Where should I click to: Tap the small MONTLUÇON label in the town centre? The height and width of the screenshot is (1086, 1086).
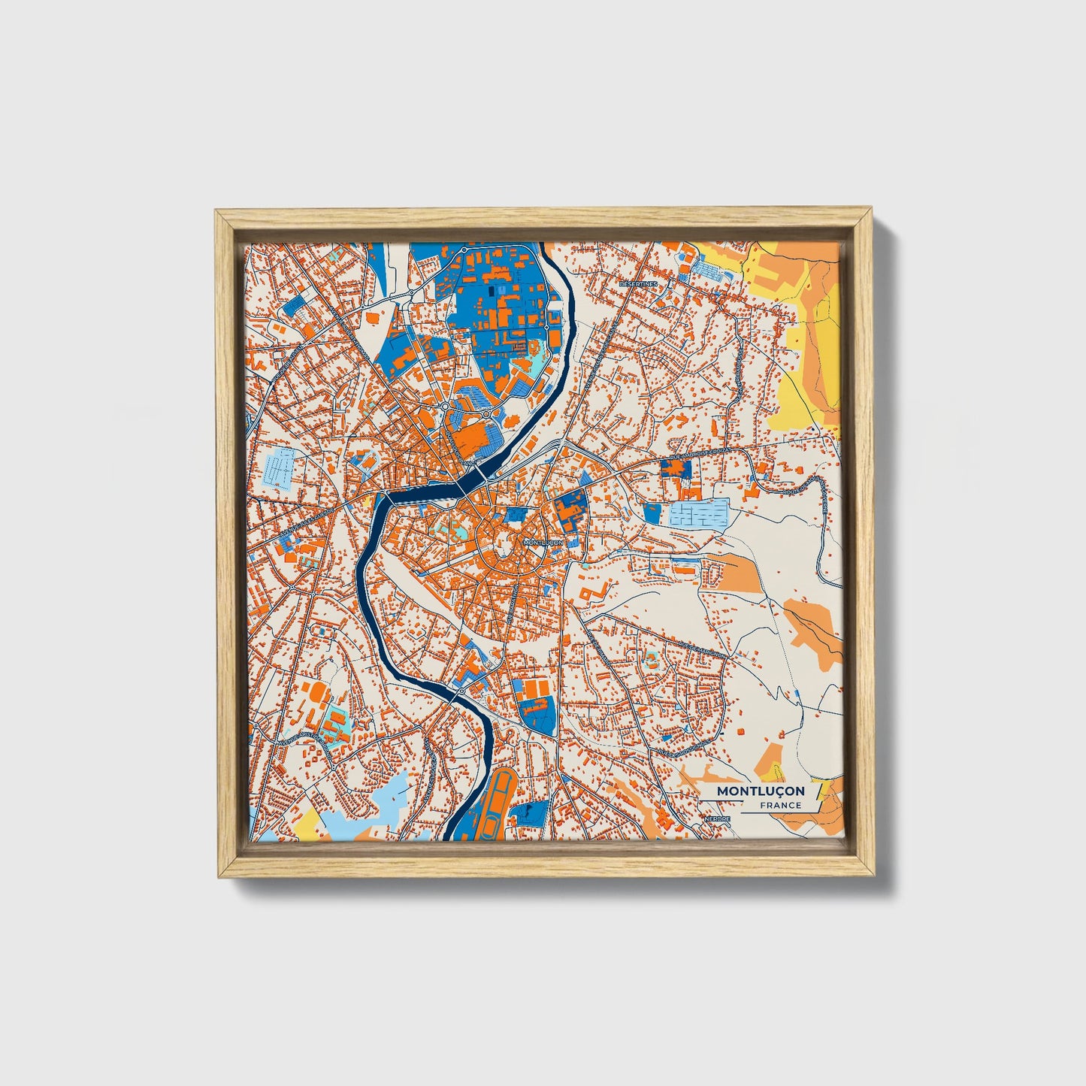click(x=542, y=542)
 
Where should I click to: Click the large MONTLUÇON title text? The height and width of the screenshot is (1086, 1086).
click(x=760, y=791)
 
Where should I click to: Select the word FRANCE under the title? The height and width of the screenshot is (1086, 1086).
click(x=780, y=805)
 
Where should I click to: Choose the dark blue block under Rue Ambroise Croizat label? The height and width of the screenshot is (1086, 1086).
click(x=675, y=468)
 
